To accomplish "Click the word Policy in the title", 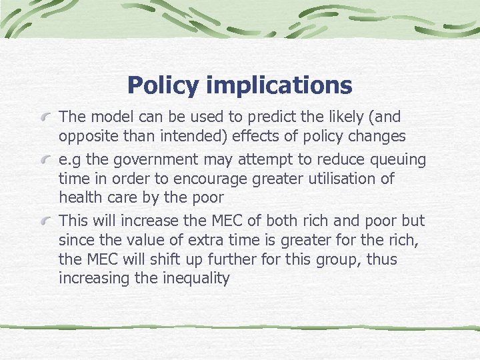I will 163,85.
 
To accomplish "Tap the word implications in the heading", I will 279,85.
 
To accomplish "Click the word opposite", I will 87,137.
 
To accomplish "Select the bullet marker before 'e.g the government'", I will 45,161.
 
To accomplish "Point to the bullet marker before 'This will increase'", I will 45,221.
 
